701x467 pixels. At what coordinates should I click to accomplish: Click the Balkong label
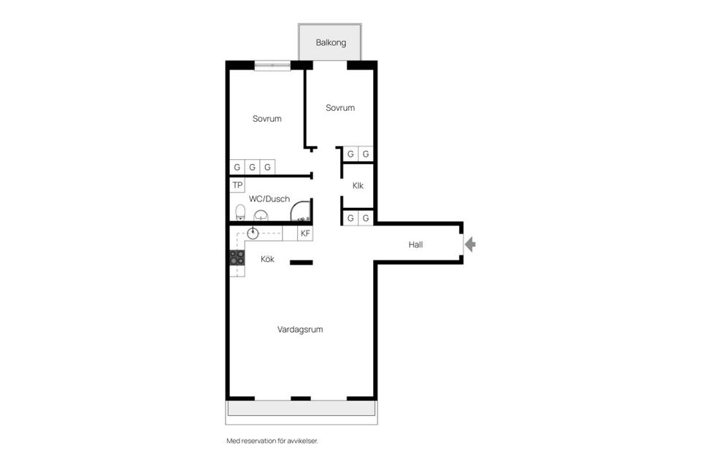pos(331,43)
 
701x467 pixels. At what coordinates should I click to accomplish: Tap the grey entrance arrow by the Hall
pos(470,244)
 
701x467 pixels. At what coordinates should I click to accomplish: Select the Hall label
pos(415,244)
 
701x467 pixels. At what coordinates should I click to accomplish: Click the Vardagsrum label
pos(300,330)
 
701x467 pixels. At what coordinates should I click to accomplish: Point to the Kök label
pos(267,259)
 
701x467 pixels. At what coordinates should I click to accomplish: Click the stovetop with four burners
pos(237,258)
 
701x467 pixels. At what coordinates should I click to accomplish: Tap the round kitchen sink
pos(253,233)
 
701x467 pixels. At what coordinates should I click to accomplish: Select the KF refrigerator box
pos(305,233)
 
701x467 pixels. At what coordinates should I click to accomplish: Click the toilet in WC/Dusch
pos(240,212)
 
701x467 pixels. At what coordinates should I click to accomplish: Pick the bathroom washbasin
pos(261,216)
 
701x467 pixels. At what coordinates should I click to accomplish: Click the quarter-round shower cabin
pos(300,210)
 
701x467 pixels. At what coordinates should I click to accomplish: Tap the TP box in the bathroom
pos(237,185)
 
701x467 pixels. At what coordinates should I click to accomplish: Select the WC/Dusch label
pos(269,199)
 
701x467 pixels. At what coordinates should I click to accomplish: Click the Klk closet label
pos(358,185)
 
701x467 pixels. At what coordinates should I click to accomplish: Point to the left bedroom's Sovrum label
pos(267,119)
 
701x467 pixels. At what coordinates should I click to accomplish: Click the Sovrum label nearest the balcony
pos(340,108)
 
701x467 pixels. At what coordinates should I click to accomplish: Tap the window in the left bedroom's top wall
pos(272,65)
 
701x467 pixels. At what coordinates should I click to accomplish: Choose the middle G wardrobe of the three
pos(252,167)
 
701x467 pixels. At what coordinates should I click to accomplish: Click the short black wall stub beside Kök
pos(302,263)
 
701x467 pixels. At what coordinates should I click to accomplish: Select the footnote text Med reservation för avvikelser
pos(272,441)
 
